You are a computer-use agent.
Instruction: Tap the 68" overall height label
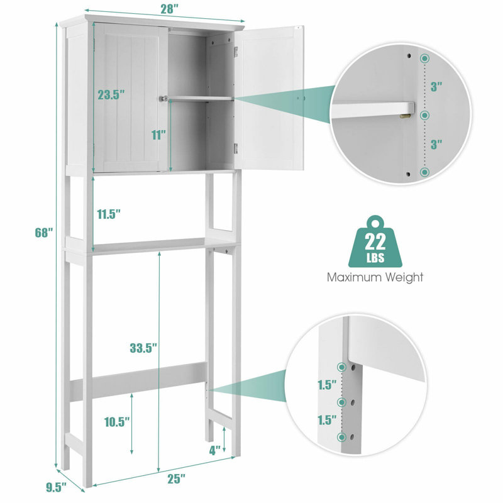[43, 233]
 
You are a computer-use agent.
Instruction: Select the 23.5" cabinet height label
[111, 95]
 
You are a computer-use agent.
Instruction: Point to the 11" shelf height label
[158, 135]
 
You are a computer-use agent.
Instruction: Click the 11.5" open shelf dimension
[109, 214]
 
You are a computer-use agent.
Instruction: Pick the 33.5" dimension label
[143, 348]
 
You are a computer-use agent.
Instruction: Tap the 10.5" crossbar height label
[117, 422]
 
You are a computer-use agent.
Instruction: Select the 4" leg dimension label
[214, 450]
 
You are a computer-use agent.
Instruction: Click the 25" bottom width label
[177, 479]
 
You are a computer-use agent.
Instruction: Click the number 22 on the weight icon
[375, 242]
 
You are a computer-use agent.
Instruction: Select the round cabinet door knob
[163, 99]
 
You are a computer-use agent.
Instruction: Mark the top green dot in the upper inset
[425, 58]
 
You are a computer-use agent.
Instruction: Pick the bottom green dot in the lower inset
[342, 437]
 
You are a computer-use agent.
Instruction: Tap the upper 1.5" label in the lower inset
[327, 384]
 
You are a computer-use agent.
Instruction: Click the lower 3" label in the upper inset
[436, 145]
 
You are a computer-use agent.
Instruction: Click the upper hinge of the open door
[236, 52]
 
